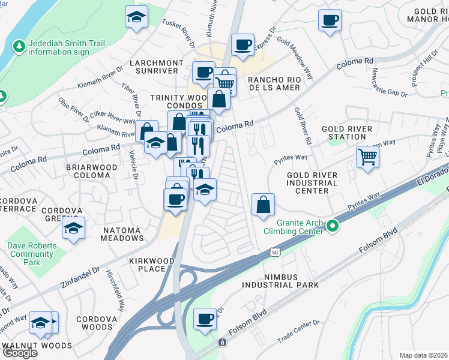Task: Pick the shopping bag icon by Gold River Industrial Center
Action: point(263,205)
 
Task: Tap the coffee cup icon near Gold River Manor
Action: point(330,21)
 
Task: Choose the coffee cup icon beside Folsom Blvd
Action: point(205,319)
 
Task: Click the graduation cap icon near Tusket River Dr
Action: point(136,17)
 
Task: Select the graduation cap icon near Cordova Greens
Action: point(73,228)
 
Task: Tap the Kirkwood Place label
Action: point(151,265)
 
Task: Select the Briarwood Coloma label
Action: point(91,171)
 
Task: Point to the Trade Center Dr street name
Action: point(298,332)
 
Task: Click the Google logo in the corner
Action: point(20,353)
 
